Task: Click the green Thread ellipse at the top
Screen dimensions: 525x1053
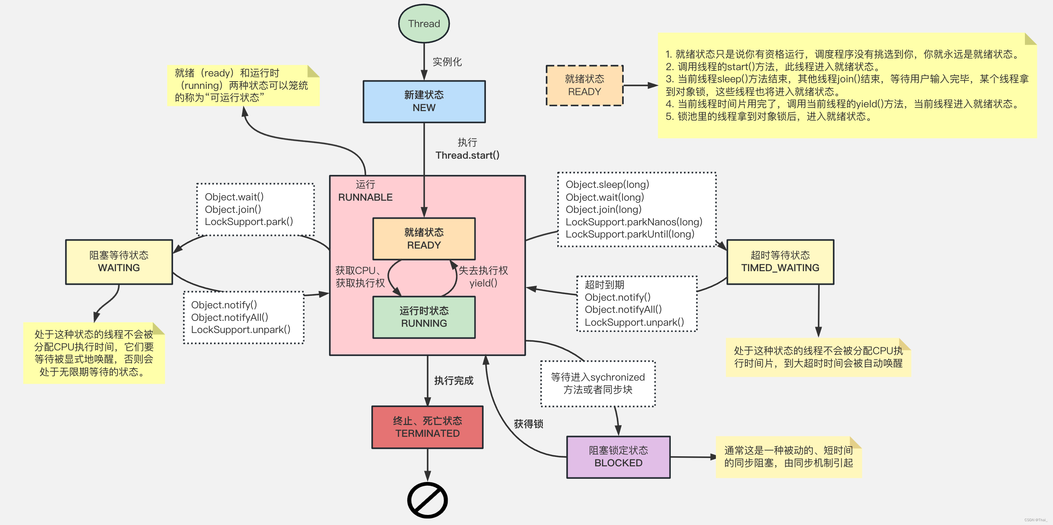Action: [424, 24]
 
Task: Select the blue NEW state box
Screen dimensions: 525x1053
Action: [424, 101]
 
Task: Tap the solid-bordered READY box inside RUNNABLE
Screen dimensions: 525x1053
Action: [424, 239]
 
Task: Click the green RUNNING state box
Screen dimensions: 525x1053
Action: [424, 317]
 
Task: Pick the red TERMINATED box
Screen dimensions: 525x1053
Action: [427, 427]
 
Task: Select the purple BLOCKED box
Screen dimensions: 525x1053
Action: [618, 457]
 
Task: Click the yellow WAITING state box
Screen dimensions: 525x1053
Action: [119, 262]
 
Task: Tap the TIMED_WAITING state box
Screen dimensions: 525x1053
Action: [780, 262]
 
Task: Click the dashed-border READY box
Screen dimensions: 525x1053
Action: [584, 85]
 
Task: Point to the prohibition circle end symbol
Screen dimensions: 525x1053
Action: [427, 500]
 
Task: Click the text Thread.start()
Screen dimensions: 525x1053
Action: [467, 156]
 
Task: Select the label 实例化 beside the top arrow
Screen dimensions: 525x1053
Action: [447, 62]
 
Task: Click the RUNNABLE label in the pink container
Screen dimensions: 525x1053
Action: [365, 197]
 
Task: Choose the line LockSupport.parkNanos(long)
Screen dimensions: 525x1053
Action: [634, 222]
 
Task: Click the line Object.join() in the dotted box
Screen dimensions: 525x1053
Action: [233, 209]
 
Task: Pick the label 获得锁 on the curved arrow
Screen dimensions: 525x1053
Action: [528, 424]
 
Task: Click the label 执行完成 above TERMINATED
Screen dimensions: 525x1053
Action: [453, 381]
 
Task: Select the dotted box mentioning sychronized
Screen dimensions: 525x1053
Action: [598, 383]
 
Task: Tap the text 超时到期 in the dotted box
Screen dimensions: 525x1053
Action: [604, 285]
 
